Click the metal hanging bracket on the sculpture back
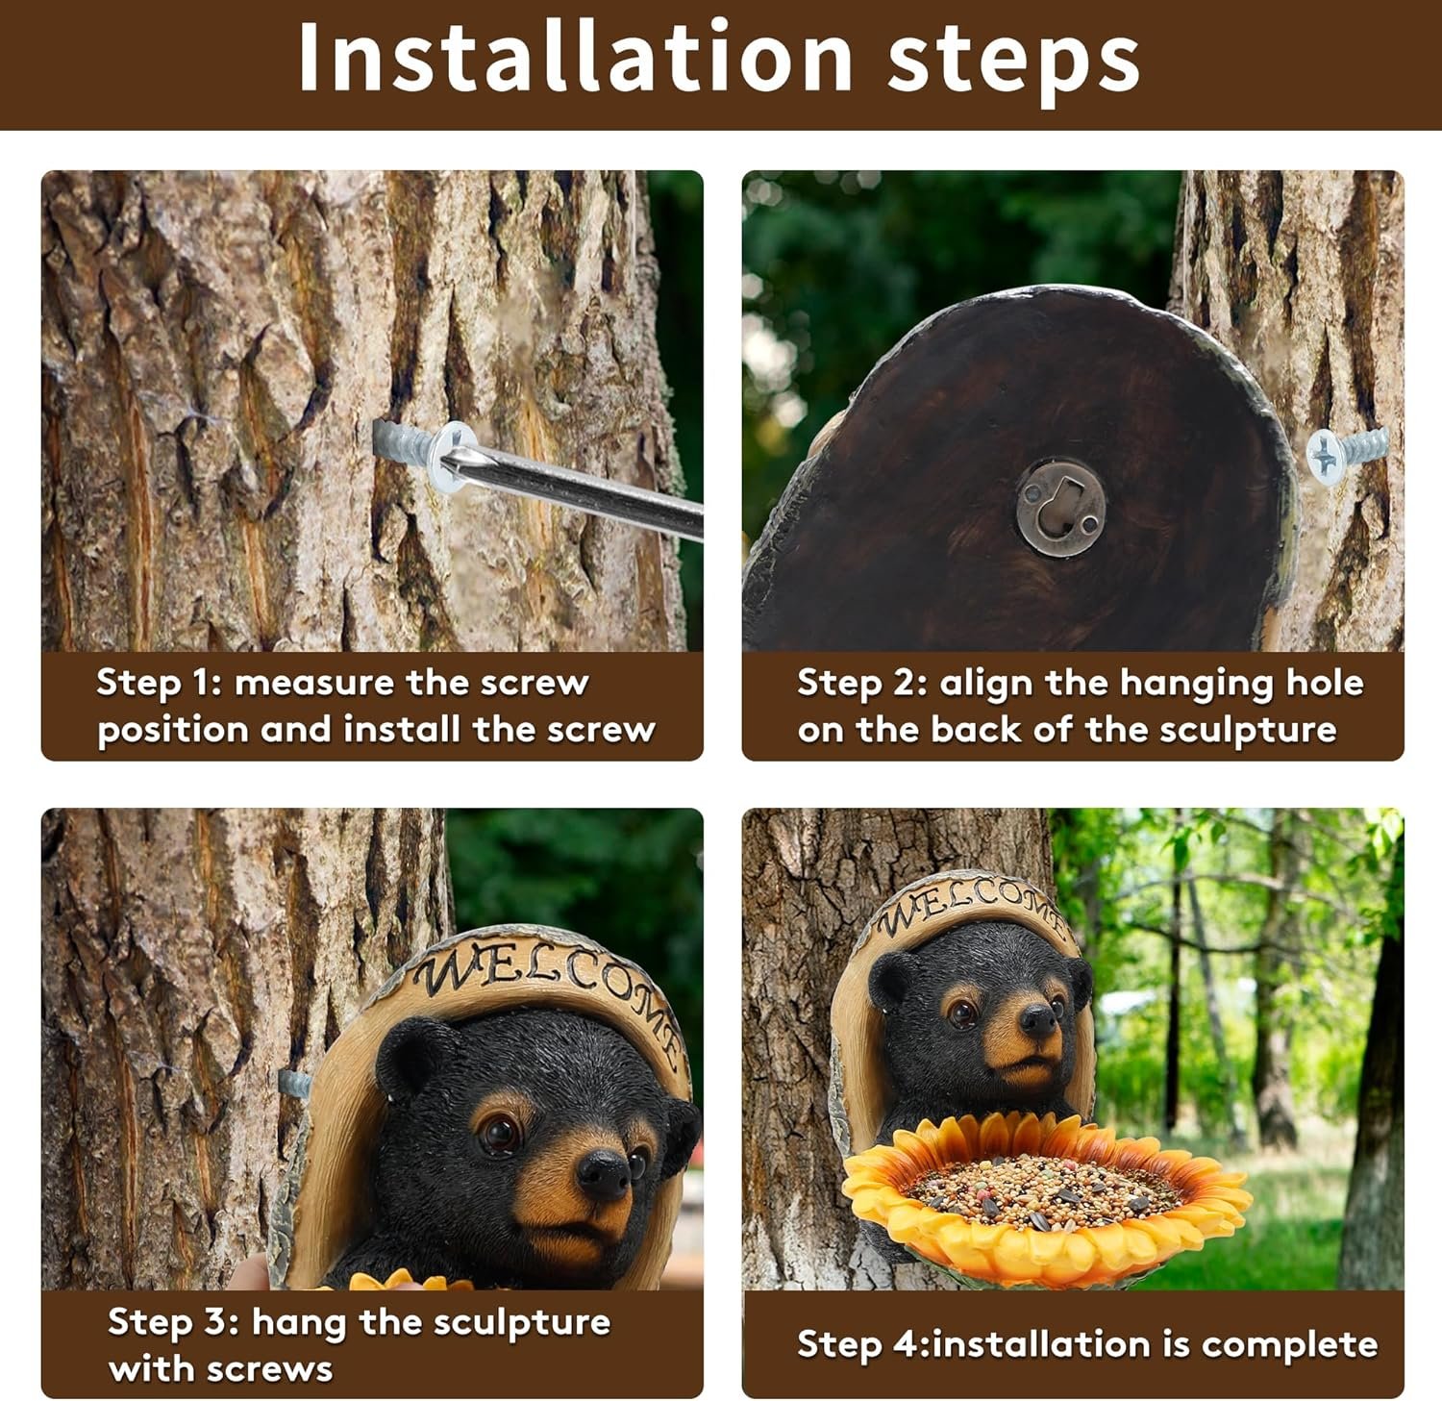(1059, 505)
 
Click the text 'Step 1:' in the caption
(160, 684)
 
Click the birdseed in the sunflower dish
(1042, 1183)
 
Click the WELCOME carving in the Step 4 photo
(971, 904)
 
